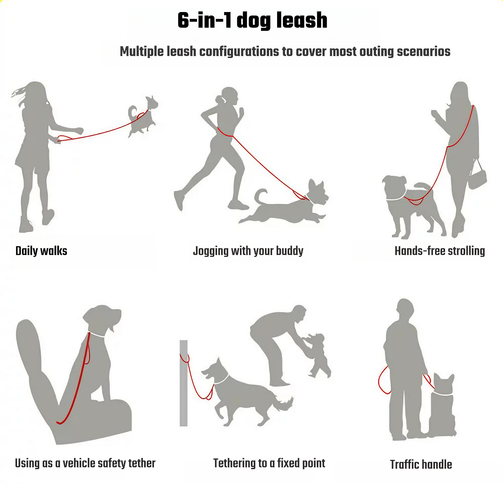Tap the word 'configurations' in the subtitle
click(239, 52)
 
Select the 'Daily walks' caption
click(41, 251)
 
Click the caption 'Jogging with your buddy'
click(248, 251)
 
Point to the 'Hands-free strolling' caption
click(440, 251)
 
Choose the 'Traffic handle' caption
click(421, 465)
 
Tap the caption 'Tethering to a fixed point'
click(269, 463)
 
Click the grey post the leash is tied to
click(183, 385)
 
